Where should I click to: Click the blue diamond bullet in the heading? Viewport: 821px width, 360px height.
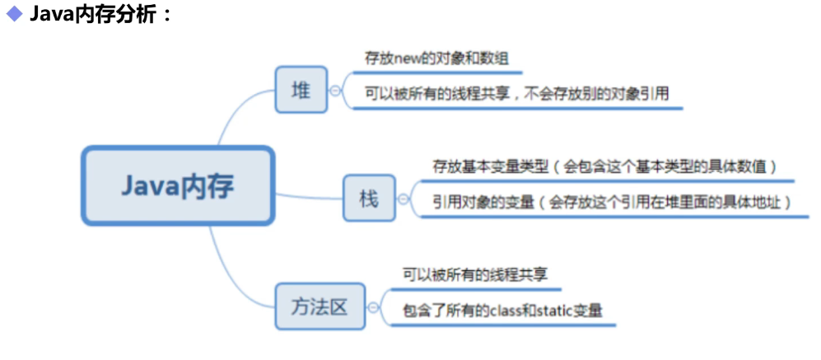point(14,15)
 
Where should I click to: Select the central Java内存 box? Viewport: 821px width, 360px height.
point(177,185)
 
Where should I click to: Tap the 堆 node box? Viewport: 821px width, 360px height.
point(301,91)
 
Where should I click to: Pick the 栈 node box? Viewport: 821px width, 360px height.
point(369,199)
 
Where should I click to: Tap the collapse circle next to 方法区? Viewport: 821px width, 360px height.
point(373,307)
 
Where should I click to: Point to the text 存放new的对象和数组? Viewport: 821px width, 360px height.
point(436,59)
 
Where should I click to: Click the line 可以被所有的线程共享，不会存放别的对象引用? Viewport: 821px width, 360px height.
point(516,94)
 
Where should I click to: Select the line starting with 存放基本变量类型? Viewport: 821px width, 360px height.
point(605,166)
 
